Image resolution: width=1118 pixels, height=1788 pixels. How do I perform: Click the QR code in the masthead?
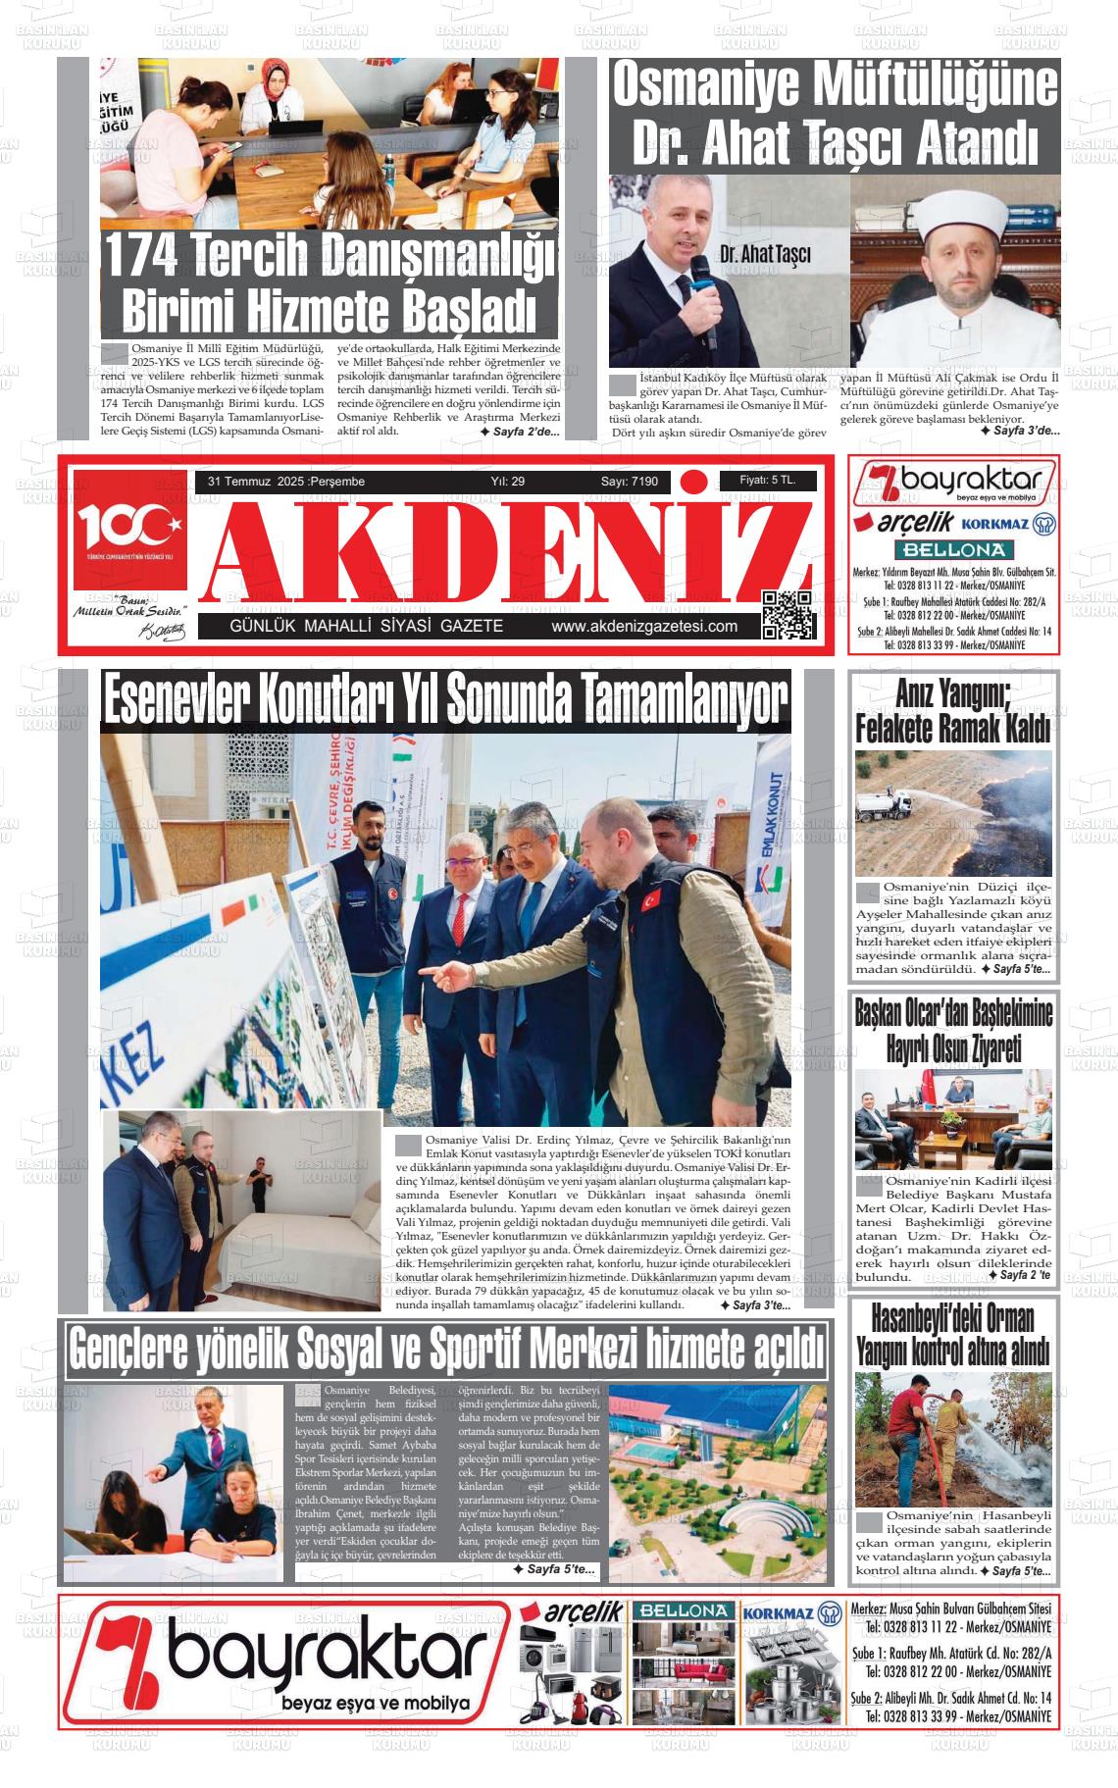[788, 614]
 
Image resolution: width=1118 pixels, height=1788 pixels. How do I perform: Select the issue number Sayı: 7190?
[629, 482]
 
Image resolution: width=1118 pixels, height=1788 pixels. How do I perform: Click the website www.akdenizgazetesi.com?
[644, 627]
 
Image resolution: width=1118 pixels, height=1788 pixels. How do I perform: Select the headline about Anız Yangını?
[953, 713]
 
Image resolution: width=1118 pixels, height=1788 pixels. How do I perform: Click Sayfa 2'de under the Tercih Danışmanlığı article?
[519, 432]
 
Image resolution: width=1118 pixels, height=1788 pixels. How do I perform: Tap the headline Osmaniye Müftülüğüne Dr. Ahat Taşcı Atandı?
[835, 114]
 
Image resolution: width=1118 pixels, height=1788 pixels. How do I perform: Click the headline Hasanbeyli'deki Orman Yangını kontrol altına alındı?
[953, 1335]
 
